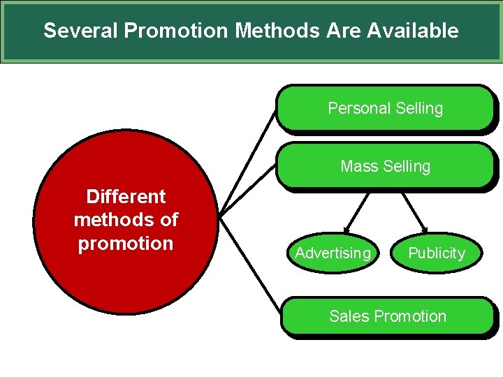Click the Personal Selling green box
tap(385, 108)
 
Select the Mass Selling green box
tap(385, 166)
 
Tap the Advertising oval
tap(333, 253)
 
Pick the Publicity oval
tap(436, 253)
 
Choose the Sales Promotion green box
tap(387, 316)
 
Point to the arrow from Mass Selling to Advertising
tap(358, 212)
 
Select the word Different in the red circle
tap(126, 196)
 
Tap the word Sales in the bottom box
tap(349, 316)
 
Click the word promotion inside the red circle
tap(126, 244)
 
